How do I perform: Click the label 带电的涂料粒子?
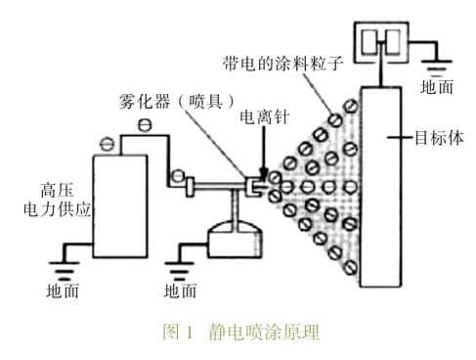pyautogui.click(x=282, y=64)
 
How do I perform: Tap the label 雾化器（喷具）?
pyautogui.click(x=177, y=102)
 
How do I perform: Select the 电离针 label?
pyautogui.click(x=265, y=116)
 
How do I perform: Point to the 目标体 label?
pyautogui.click(x=439, y=138)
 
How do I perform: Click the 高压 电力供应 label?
pyautogui.click(x=57, y=200)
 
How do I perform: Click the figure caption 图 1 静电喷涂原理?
pyautogui.click(x=240, y=333)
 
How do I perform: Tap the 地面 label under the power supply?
pyautogui.click(x=63, y=291)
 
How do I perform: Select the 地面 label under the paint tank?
pyautogui.click(x=180, y=291)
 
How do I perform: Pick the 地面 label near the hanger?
pyautogui.click(x=437, y=87)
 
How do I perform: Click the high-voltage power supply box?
pyautogui.click(x=120, y=206)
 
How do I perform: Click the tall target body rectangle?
pyautogui.click(x=380, y=187)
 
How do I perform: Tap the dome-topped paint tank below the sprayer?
pyautogui.click(x=235, y=240)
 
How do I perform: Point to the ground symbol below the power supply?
pyautogui.click(x=64, y=271)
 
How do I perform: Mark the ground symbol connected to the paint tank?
pyautogui.click(x=179, y=271)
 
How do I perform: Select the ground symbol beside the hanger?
pyautogui.click(x=436, y=67)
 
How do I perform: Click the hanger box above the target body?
pyautogui.click(x=381, y=42)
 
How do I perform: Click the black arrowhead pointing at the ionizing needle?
pyautogui.click(x=263, y=173)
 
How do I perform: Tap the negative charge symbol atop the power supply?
pyautogui.click(x=107, y=144)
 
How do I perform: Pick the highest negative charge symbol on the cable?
pyautogui.click(x=145, y=125)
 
